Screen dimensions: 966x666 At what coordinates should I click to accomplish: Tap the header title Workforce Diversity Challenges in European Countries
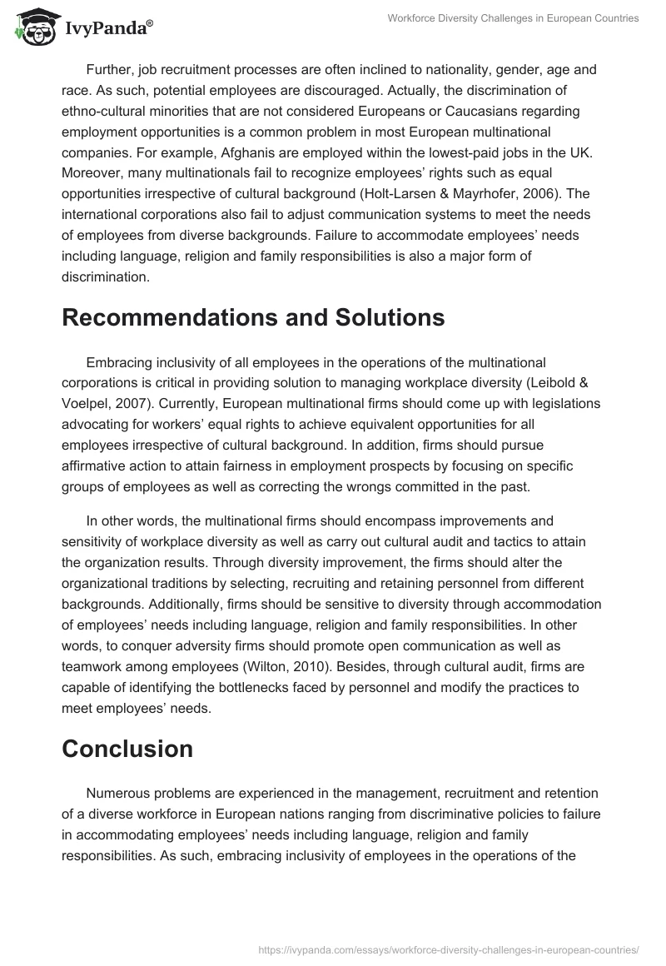(513, 19)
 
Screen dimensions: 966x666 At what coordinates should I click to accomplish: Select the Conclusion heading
(127, 749)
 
